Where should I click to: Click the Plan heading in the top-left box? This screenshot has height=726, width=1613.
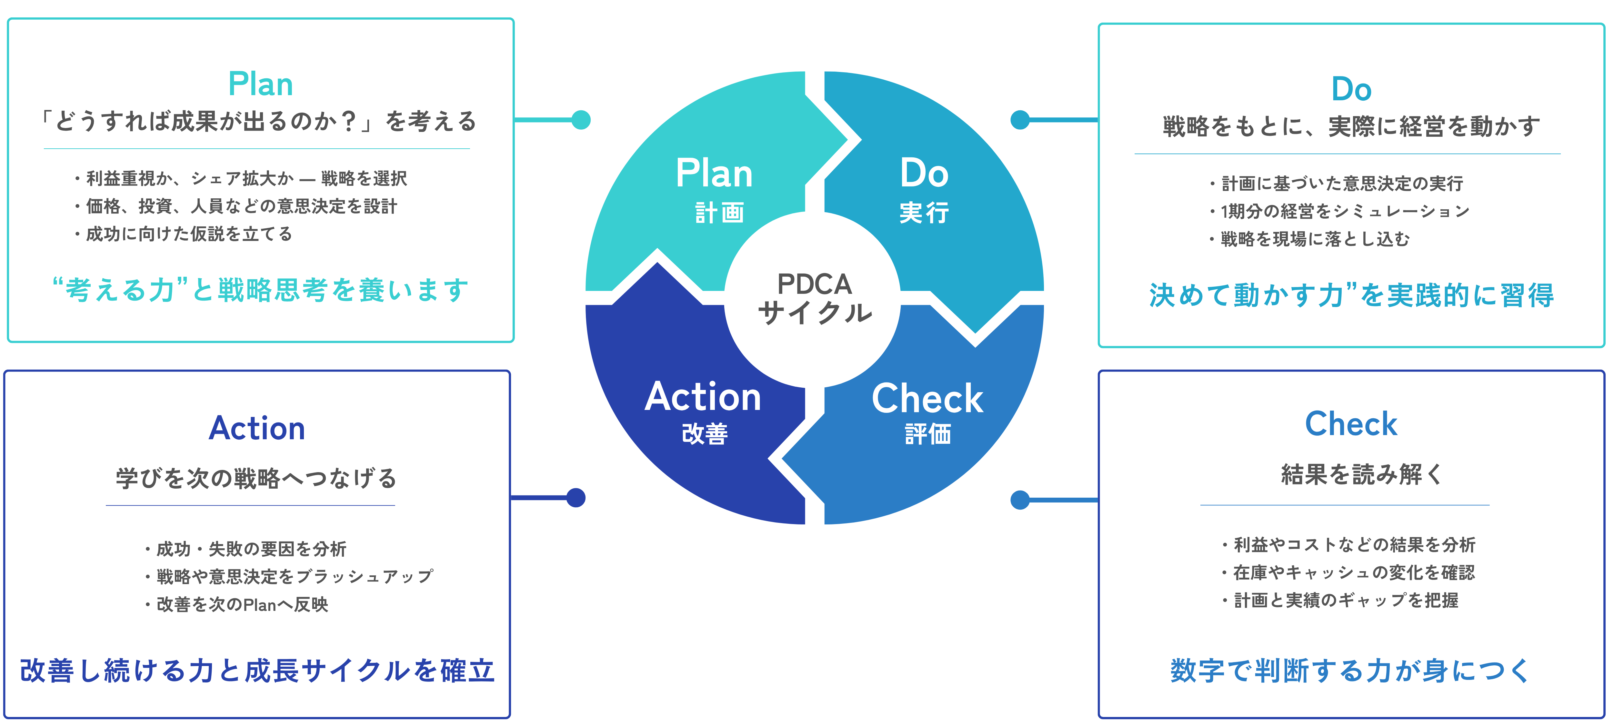260,85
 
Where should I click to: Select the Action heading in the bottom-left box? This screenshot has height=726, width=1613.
257,429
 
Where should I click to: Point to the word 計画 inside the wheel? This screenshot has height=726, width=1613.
719,213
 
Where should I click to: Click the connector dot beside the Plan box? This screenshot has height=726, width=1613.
581,120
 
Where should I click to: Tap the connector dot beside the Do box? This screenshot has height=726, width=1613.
1020,120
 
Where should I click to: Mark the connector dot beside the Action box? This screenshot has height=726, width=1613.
576,498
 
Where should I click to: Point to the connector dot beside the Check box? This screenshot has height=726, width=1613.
1020,500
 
